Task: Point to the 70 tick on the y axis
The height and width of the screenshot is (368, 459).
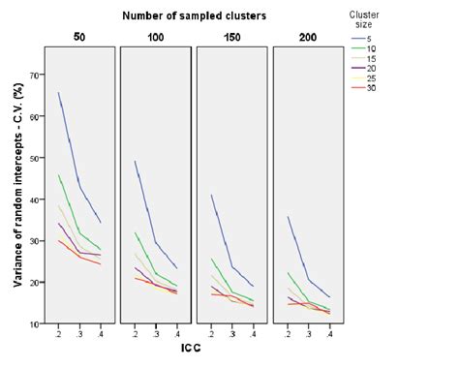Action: coord(34,75)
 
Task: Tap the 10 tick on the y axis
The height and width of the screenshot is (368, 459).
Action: coord(34,324)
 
